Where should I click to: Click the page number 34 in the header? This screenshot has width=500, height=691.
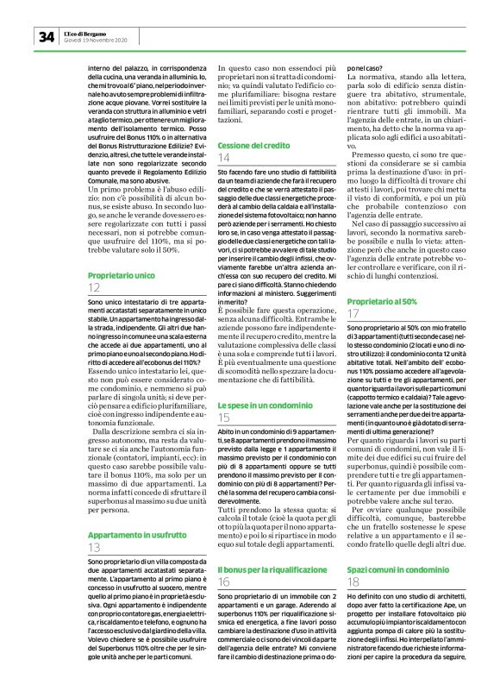point(45,37)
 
